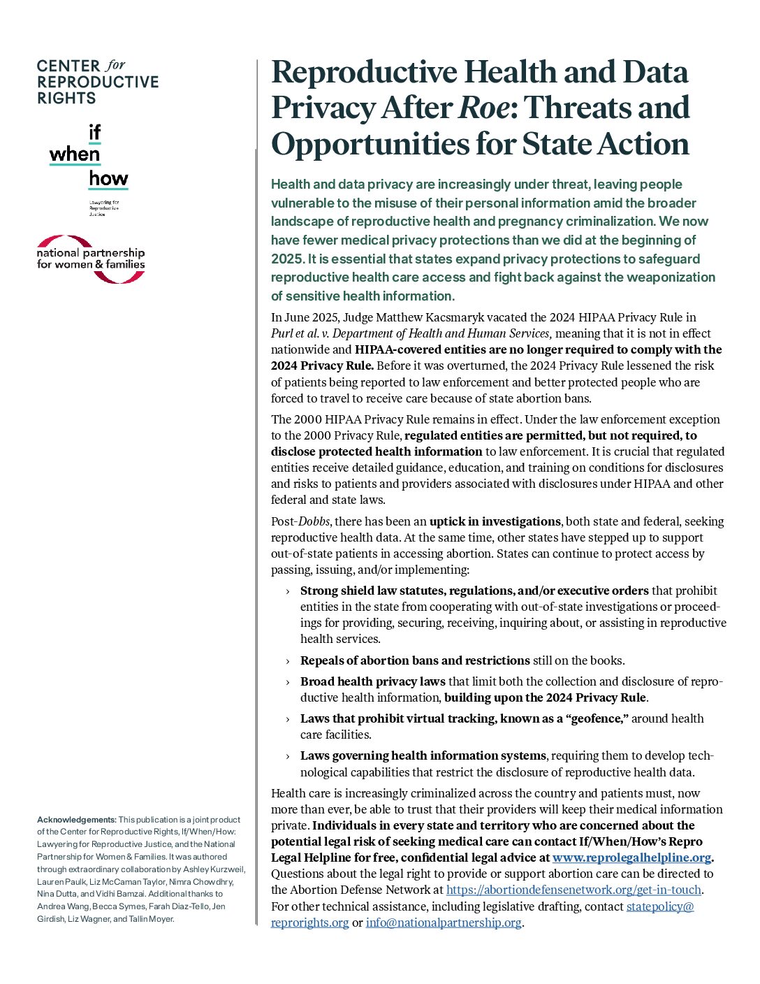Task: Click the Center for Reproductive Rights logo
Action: pos(97,82)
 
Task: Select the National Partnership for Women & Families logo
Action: pos(91,259)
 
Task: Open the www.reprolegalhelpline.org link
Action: pos(631,858)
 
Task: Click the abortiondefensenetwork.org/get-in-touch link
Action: pos(573,890)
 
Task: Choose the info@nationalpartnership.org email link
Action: pos(444,922)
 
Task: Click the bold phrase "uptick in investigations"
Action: pos(495,521)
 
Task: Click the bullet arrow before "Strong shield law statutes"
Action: pos(287,591)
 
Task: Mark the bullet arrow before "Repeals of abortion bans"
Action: pos(287,661)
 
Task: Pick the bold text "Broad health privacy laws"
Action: pos(372,681)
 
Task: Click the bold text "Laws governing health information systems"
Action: pos(423,755)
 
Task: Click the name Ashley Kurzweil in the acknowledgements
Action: pos(214,869)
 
